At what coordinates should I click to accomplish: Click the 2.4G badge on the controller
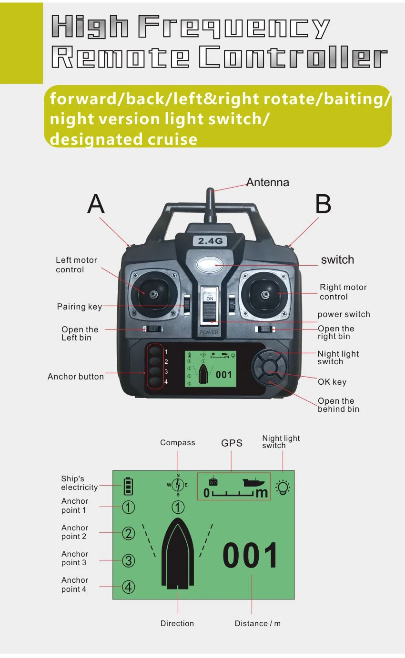pos(210,241)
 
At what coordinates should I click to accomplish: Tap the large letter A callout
pos(96,204)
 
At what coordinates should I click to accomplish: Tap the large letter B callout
pos(323,204)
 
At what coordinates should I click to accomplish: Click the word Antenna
pos(268,182)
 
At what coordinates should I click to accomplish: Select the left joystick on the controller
pos(153,294)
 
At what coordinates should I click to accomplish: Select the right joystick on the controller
pos(265,294)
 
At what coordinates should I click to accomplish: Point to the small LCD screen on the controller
pos(211,369)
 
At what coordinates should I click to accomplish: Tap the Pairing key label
pos(80,307)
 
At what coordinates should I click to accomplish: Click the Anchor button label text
pos(76,377)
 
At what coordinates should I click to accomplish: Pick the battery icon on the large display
pos(129,487)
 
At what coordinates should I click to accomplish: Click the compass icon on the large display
pos(178,486)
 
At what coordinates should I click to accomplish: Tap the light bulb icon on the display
pos(283,487)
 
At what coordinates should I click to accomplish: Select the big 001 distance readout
pos(251,556)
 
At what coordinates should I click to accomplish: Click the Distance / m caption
pos(258,623)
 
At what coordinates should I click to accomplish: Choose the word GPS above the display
pos(232,443)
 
